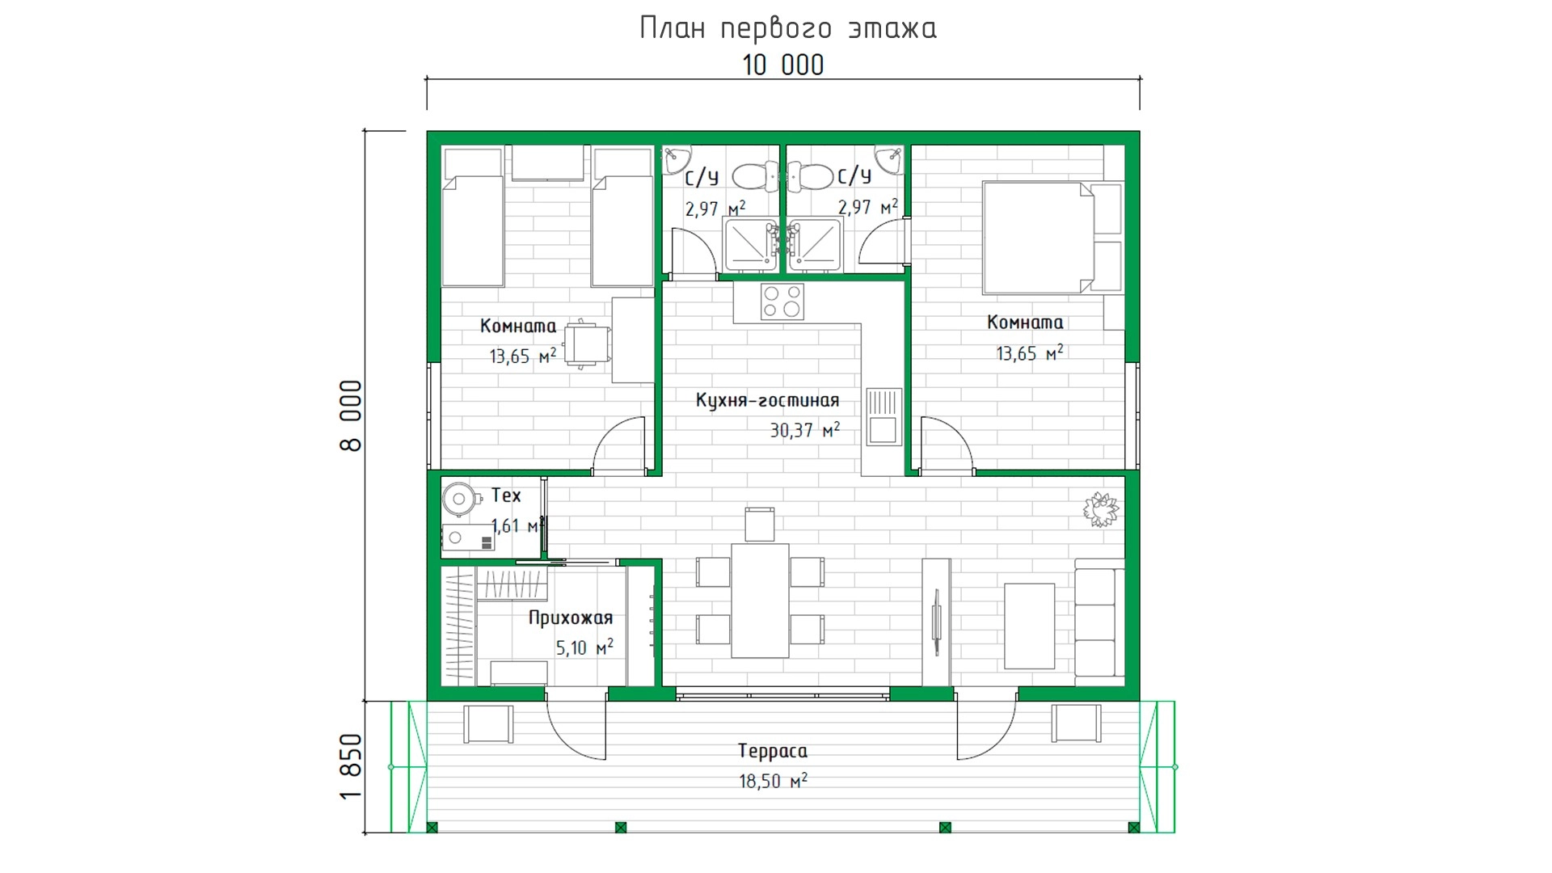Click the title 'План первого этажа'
tap(788, 28)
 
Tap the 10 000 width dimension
tap(783, 65)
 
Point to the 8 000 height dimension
tap(351, 415)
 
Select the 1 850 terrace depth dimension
tap(351, 766)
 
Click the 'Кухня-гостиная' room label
tap(767, 400)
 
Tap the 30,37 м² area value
tap(804, 430)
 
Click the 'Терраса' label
tap(772, 751)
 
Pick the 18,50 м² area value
tap(773, 781)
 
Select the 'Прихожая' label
tap(571, 618)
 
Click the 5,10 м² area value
tap(584, 647)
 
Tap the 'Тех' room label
tap(506, 496)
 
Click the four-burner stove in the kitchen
tap(782, 302)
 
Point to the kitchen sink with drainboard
tap(884, 416)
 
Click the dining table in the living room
tap(760, 600)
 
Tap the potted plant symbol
tap(1101, 509)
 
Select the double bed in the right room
tap(1052, 238)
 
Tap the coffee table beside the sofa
tap(1029, 626)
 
